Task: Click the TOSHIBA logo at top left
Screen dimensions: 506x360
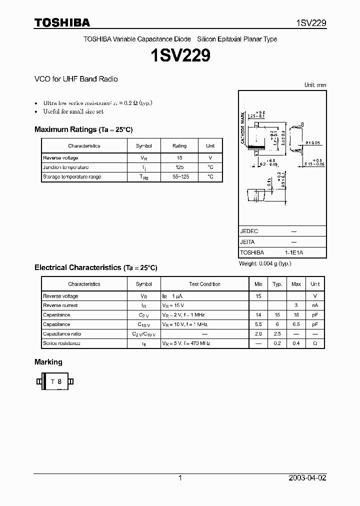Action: (62, 22)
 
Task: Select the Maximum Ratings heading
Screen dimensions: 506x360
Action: (83, 129)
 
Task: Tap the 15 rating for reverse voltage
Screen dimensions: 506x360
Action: (179, 158)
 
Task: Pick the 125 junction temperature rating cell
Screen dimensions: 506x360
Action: (179, 167)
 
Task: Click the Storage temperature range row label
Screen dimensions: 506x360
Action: (72, 177)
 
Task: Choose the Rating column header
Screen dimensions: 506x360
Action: (179, 146)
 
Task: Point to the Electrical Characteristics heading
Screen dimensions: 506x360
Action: (95, 267)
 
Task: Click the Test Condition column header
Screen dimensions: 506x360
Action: (204, 284)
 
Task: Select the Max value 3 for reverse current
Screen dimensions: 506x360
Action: (296, 305)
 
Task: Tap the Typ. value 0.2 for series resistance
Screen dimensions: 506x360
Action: (277, 343)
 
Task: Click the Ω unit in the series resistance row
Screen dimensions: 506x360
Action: (315, 343)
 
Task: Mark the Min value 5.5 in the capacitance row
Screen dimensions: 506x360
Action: (258, 324)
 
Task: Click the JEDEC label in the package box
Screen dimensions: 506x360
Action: (249, 231)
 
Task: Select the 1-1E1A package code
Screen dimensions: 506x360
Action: (293, 252)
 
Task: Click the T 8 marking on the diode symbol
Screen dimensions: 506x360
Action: (55, 382)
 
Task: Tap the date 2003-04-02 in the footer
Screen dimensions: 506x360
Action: (307, 478)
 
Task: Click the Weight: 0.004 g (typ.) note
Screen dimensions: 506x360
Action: (265, 263)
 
